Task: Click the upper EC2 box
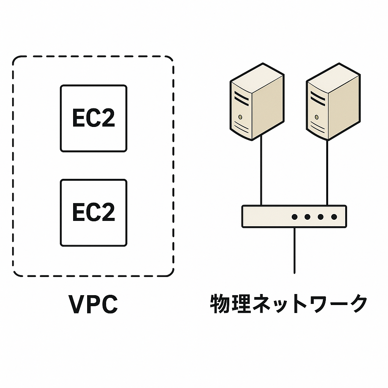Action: [94, 118]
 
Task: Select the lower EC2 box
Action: [94, 213]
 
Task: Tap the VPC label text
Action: [93, 304]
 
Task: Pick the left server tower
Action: [257, 102]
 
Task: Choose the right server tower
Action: [332, 102]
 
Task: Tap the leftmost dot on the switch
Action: [294, 217]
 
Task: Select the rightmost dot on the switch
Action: [334, 217]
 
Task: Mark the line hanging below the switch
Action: [294, 250]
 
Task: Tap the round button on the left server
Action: [240, 117]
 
